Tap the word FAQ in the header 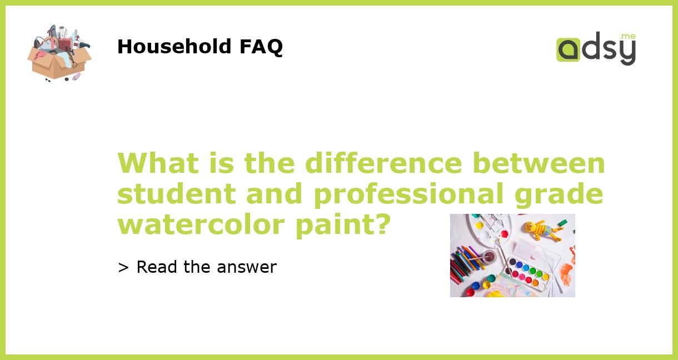click(x=261, y=47)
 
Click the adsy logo click(x=596, y=49)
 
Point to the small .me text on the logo click(x=627, y=37)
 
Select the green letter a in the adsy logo click(x=568, y=50)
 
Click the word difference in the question click(x=383, y=163)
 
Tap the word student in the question click(x=177, y=194)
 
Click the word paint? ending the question click(x=356, y=224)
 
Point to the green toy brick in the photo click(x=562, y=222)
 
